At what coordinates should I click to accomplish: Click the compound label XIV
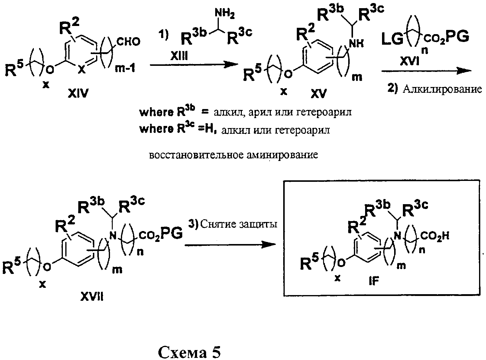[78, 94]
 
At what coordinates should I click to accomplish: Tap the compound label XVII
[92, 297]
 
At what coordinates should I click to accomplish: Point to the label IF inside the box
[374, 281]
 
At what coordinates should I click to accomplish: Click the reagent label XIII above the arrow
[179, 57]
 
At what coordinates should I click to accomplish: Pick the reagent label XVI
[410, 62]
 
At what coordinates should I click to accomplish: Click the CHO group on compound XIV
[129, 42]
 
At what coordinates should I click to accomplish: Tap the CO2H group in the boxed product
[435, 236]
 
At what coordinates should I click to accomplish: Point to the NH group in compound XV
[356, 44]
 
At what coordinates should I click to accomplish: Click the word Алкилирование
[442, 90]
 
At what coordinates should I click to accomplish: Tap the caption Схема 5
[189, 352]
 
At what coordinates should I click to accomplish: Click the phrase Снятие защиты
[238, 224]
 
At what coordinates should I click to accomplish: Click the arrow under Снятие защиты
[230, 245]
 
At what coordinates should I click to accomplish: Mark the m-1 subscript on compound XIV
[125, 69]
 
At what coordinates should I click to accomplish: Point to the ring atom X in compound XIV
[82, 70]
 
